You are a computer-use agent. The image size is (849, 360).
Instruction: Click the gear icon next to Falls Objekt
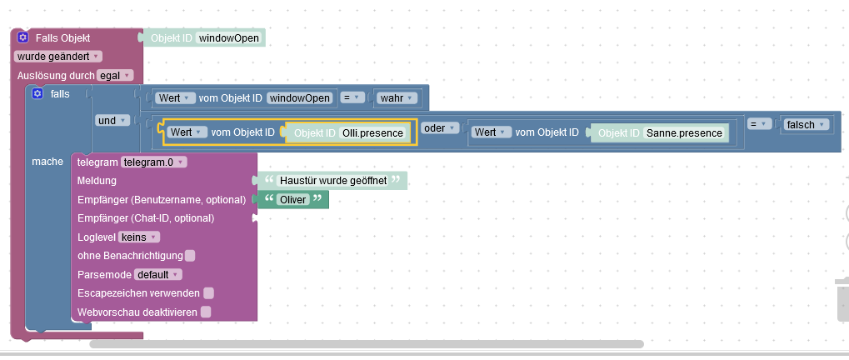pyautogui.click(x=23, y=38)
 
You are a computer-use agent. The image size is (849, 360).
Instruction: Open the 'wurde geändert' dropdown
pyautogui.click(x=57, y=57)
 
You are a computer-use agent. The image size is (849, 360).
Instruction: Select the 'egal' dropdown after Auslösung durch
pyautogui.click(x=115, y=75)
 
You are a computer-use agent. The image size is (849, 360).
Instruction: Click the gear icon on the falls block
pyautogui.click(x=37, y=94)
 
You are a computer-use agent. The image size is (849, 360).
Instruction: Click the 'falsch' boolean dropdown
pyautogui.click(x=804, y=124)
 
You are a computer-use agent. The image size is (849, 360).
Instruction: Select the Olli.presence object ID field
pyautogui.click(x=372, y=132)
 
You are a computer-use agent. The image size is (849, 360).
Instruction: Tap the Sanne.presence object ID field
pyautogui.click(x=684, y=132)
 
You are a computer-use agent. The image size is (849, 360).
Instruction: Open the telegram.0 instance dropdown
pyautogui.click(x=154, y=162)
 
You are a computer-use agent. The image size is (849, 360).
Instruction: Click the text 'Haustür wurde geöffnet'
pyautogui.click(x=333, y=181)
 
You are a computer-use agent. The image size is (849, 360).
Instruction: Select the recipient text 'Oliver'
pyautogui.click(x=293, y=199)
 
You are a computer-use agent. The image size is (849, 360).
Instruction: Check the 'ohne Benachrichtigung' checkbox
pyautogui.click(x=190, y=255)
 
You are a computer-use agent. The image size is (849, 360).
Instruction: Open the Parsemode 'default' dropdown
pyautogui.click(x=158, y=274)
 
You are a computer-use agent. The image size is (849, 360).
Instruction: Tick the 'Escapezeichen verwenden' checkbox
pyautogui.click(x=208, y=292)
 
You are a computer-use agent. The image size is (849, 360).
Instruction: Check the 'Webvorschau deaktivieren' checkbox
pyautogui.click(x=206, y=312)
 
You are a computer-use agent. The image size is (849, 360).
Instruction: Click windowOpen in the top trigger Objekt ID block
pyautogui.click(x=229, y=38)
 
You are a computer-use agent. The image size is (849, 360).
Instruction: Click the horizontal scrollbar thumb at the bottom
pyautogui.click(x=367, y=343)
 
